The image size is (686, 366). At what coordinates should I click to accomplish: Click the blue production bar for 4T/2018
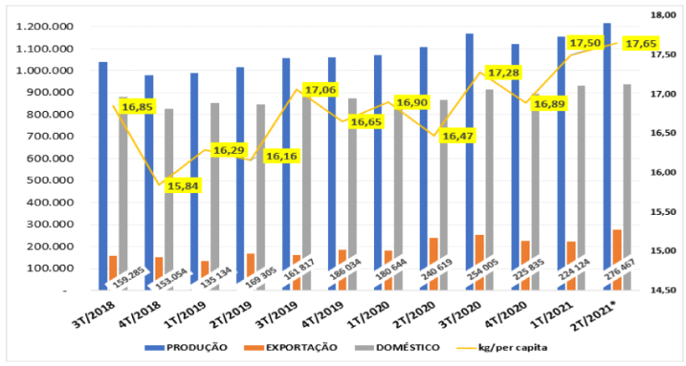[149, 183]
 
